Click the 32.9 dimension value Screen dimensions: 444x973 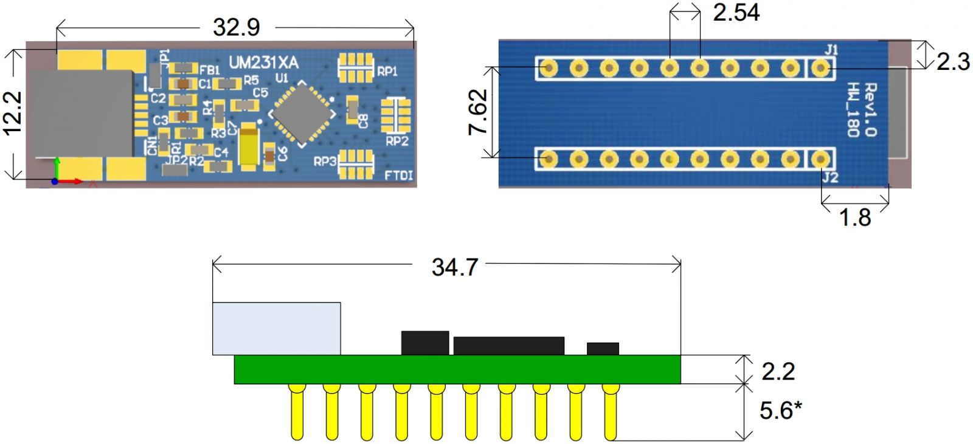[x=236, y=27]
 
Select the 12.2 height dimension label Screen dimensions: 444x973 [x=13, y=112]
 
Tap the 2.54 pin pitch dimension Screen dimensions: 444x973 [x=736, y=12]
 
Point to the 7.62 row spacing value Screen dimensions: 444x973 [x=478, y=112]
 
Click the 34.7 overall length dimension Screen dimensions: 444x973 [x=454, y=267]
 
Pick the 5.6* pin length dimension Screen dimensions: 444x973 [x=780, y=411]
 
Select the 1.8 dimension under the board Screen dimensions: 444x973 [x=854, y=217]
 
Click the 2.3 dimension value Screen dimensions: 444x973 [x=952, y=61]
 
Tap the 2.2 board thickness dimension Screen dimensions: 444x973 [x=778, y=371]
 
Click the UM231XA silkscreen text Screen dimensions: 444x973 [x=263, y=63]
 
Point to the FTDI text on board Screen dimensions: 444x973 [x=399, y=176]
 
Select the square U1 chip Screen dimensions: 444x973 [x=302, y=114]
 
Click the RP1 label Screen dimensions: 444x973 [x=387, y=71]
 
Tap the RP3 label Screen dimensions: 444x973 [x=325, y=162]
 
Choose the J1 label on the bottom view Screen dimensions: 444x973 [x=831, y=50]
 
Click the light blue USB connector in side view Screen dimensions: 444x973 [x=276, y=328]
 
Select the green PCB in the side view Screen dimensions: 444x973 [x=457, y=369]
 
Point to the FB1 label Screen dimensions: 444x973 [x=209, y=70]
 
